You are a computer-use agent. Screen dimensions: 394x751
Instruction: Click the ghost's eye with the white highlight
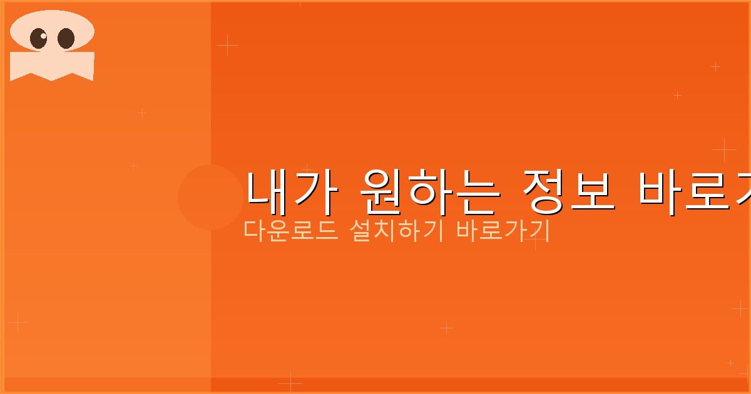pos(39,39)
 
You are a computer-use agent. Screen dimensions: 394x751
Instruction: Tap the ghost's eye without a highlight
pos(66,39)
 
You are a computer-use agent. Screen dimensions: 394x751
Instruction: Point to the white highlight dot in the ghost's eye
pos(43,36)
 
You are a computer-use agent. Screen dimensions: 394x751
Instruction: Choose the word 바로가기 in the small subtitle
pos(503,231)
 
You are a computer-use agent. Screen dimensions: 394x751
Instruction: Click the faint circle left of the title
pos(210,197)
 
